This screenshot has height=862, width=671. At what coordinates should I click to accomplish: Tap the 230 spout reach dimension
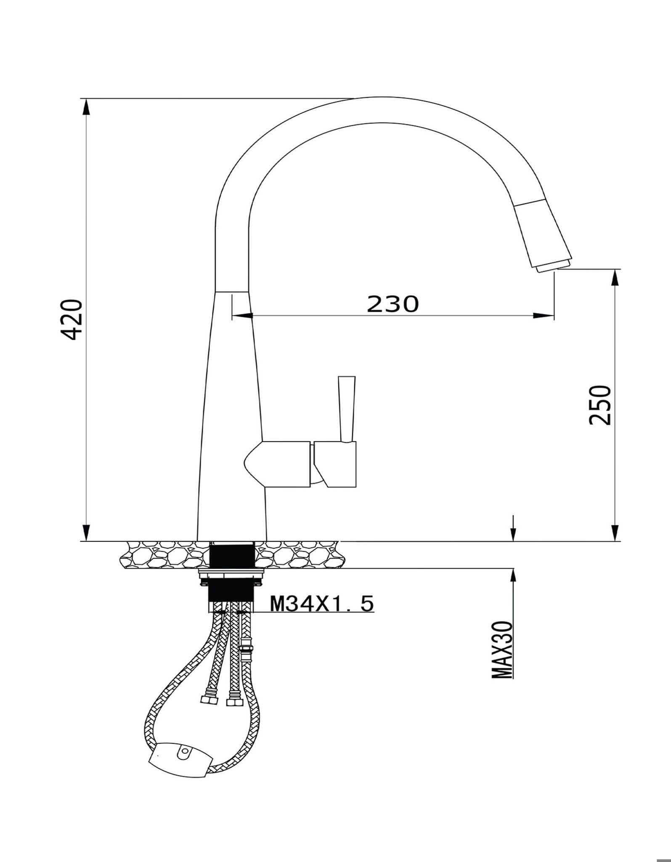(x=393, y=303)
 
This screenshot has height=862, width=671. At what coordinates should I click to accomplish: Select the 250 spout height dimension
(x=599, y=405)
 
